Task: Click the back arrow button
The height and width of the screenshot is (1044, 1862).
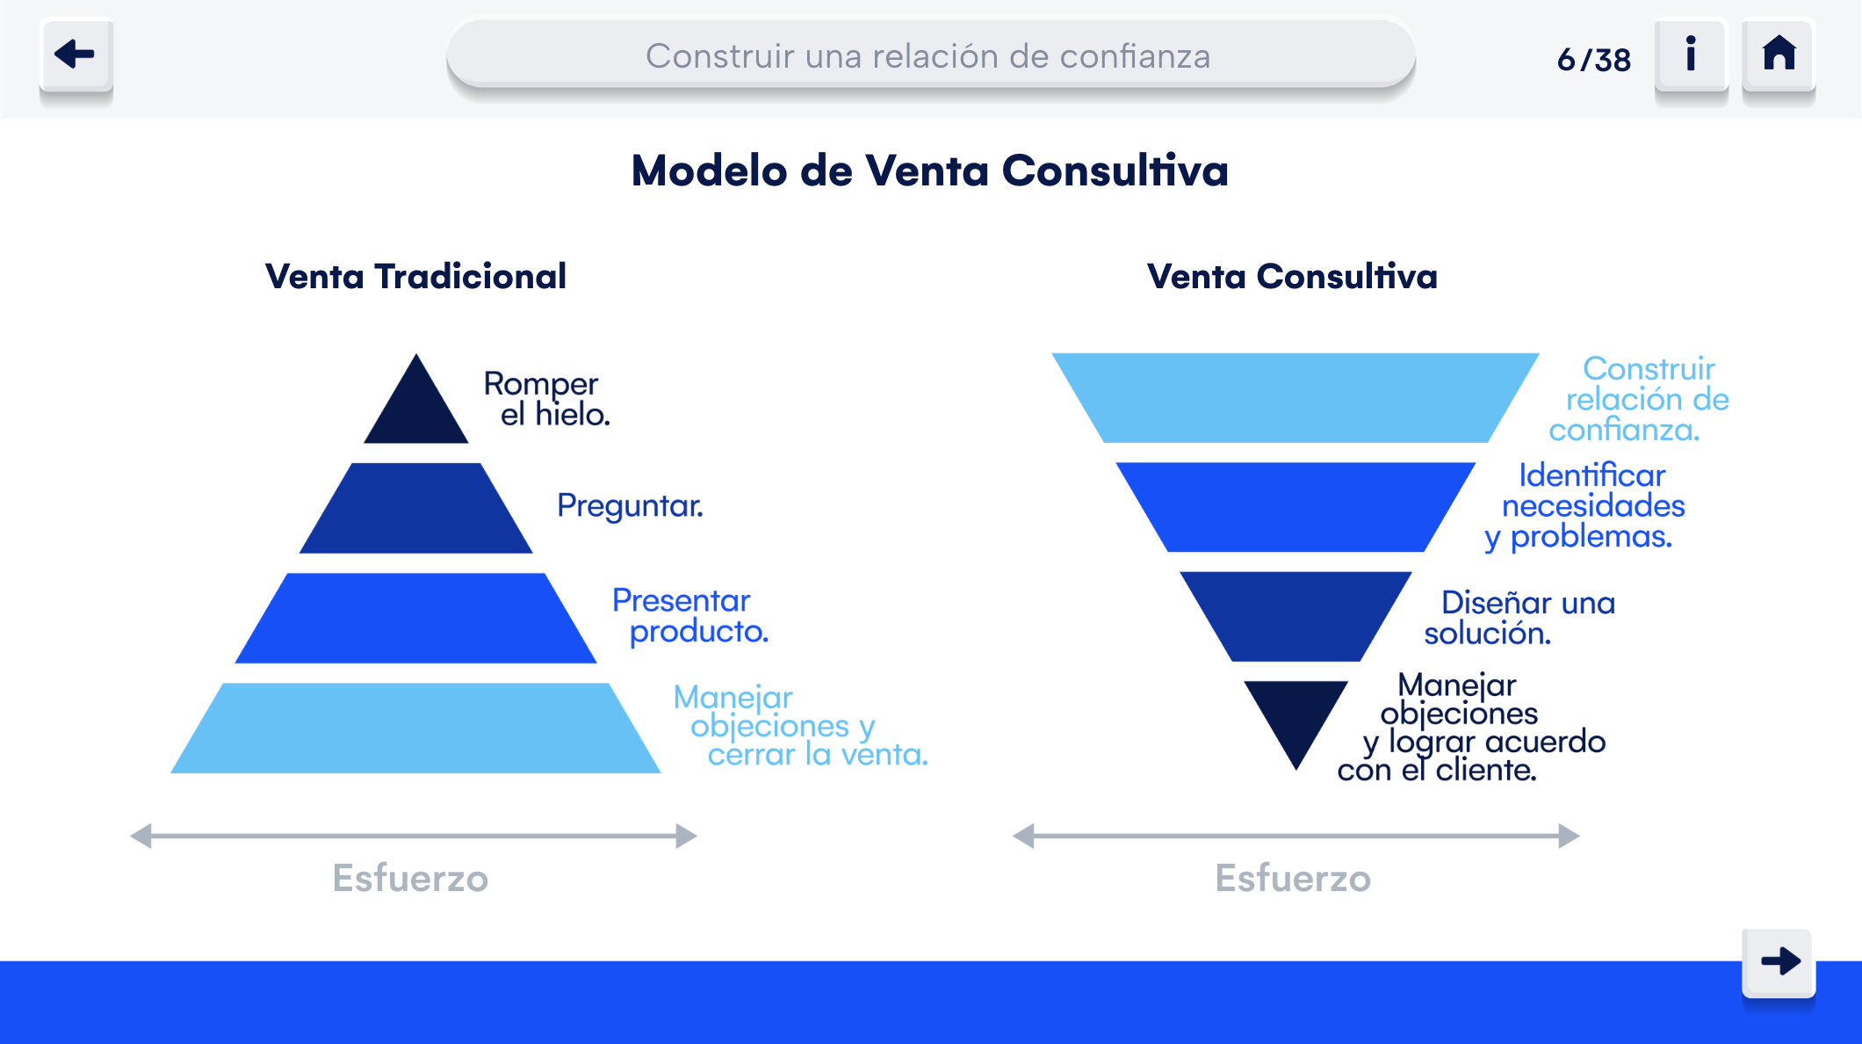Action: click(76, 54)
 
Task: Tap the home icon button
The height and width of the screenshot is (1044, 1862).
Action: click(1779, 54)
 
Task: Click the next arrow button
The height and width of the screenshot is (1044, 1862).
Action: click(1779, 962)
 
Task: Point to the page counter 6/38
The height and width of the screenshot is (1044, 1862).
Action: click(1593, 60)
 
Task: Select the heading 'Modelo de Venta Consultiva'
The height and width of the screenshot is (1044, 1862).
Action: click(930, 170)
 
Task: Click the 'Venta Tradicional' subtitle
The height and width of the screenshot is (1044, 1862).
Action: click(415, 277)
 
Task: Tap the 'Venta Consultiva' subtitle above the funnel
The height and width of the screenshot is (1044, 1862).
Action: click(1292, 277)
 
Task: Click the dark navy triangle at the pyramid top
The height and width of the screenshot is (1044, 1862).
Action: click(416, 409)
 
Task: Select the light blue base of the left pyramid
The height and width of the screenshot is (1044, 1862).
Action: click(415, 729)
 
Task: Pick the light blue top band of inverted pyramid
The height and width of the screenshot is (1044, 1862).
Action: click(1295, 397)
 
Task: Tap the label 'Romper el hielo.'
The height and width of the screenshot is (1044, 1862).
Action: click(546, 399)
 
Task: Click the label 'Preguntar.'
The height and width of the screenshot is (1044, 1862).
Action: click(630, 506)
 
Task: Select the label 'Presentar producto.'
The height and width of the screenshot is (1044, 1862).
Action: click(690, 615)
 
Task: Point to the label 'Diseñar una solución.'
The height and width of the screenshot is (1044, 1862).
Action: click(1519, 618)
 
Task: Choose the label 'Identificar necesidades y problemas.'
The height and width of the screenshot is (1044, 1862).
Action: click(1584, 506)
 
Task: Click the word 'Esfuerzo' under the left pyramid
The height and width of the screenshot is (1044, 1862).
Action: click(410, 878)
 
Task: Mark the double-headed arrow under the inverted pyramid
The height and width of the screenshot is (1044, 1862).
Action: click(1295, 836)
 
